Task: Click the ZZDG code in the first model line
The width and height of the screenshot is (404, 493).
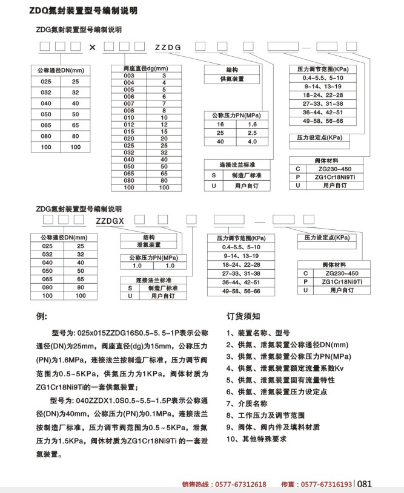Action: point(168,47)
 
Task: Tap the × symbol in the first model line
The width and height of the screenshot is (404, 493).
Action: point(92,47)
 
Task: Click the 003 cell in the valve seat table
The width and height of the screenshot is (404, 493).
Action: point(128,76)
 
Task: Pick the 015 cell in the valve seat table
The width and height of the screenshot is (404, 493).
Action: point(128,131)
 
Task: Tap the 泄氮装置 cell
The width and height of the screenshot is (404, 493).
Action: point(148,245)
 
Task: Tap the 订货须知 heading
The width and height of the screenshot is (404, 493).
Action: point(243,316)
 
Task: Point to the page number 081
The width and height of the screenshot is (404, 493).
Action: point(365,484)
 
